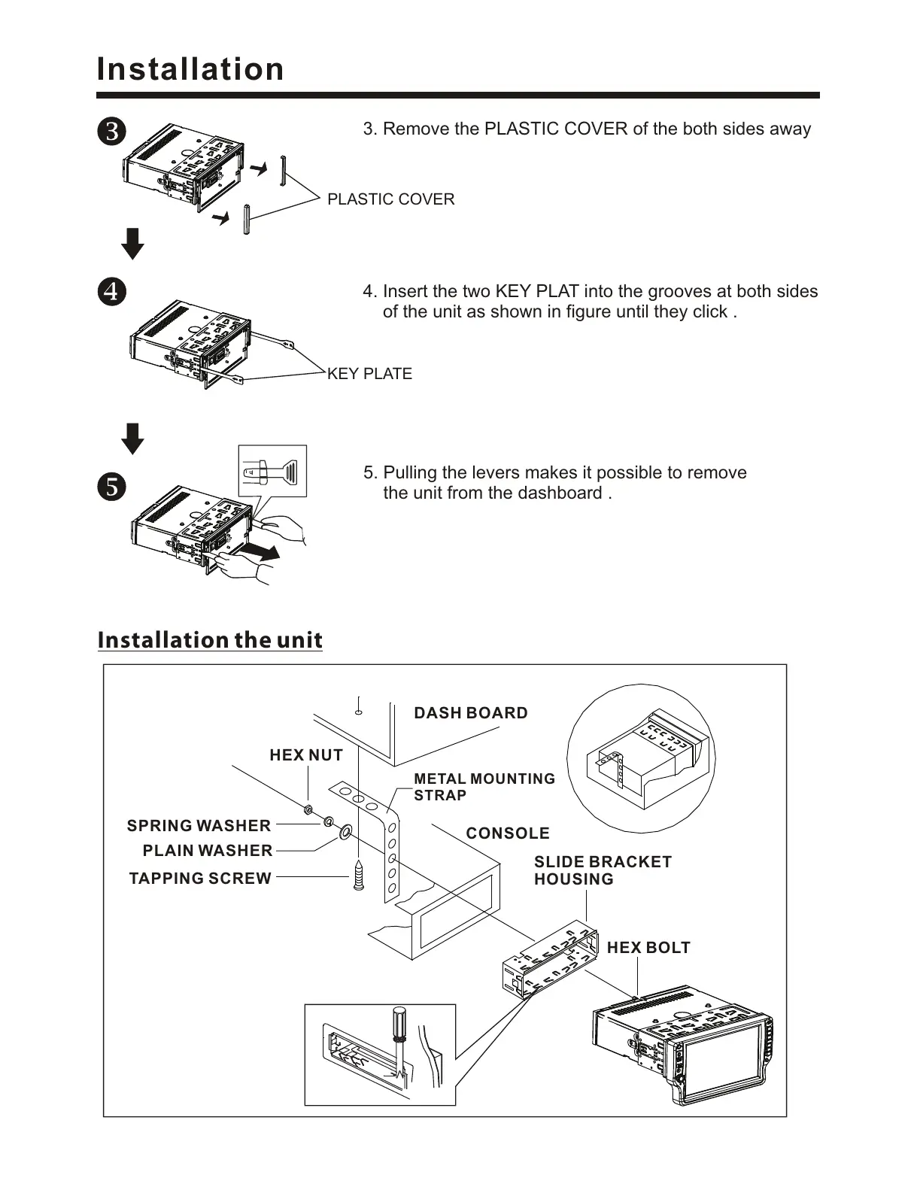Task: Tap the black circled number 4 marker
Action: [111, 291]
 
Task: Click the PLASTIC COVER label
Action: [390, 199]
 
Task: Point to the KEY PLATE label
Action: [369, 374]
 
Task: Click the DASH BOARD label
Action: [471, 713]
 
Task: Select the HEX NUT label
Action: [306, 755]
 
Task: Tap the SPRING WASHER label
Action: [199, 826]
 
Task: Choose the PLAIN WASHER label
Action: [208, 851]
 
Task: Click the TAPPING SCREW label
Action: [200, 879]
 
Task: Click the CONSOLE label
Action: [508, 833]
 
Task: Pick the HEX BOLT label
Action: [648, 948]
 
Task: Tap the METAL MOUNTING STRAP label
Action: [484, 787]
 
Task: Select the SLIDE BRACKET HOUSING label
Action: [602, 870]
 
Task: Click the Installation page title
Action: [190, 69]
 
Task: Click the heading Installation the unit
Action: [210, 640]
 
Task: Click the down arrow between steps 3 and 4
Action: [133, 244]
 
